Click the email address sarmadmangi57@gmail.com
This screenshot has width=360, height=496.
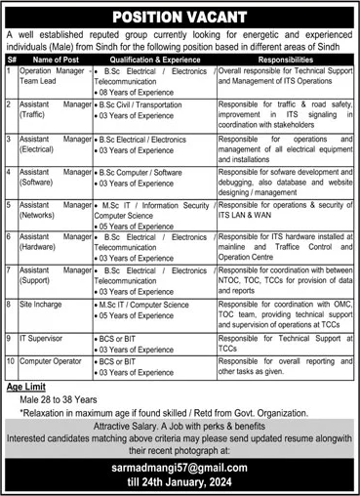pos(180,468)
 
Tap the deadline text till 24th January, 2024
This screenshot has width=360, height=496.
pos(180,483)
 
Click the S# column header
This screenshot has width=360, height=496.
pos(11,58)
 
